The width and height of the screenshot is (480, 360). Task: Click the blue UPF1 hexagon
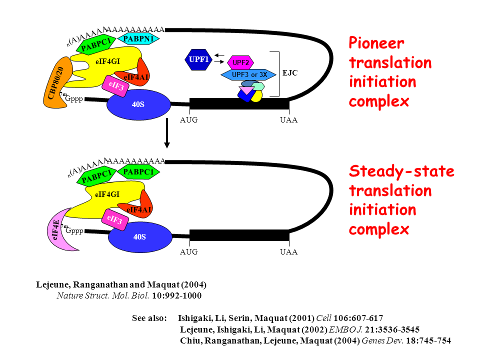(198, 59)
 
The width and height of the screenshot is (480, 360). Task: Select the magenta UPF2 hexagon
(240, 62)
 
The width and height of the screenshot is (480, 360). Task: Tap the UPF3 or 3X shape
(248, 74)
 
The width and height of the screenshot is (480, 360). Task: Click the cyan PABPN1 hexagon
(138, 38)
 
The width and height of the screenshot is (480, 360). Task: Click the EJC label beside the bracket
(290, 73)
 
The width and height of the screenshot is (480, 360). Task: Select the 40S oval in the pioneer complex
(138, 104)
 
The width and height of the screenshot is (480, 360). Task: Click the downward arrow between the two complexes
(167, 135)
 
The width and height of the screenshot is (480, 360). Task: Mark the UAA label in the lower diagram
(289, 252)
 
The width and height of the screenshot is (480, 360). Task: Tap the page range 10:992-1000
(177, 295)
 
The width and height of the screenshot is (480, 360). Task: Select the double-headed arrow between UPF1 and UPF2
(218, 58)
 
